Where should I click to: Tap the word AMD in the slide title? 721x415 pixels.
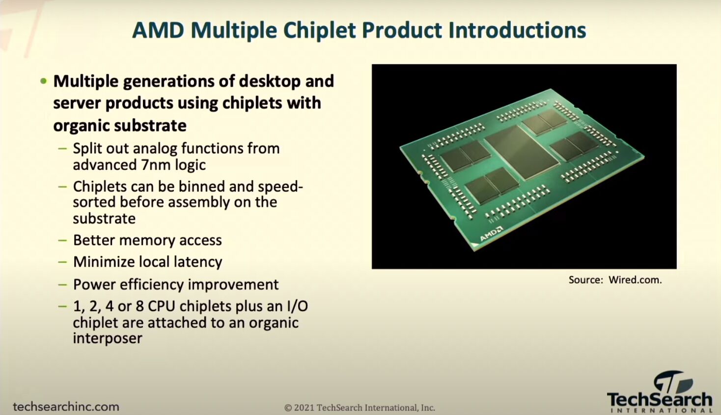point(158,30)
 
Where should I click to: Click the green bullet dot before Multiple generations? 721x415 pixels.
point(44,81)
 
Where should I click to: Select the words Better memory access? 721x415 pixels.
point(147,240)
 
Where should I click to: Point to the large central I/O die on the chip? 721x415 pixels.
point(522,152)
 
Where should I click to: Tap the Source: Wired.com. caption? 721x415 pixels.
point(615,280)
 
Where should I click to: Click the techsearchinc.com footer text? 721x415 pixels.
point(66,407)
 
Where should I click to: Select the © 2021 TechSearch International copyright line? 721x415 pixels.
point(360,408)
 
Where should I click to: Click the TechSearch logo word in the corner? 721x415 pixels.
point(660,399)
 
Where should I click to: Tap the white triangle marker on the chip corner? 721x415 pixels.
point(475,246)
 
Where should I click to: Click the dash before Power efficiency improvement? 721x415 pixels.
point(62,285)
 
